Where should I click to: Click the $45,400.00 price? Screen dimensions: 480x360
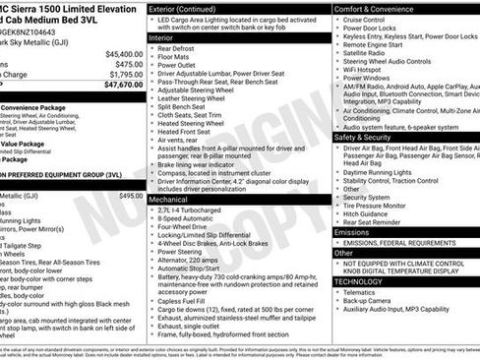(x=124, y=53)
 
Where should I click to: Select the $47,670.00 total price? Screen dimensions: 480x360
(x=124, y=86)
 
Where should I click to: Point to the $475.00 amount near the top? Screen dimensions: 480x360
(x=129, y=64)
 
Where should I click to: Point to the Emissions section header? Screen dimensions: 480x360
(x=355, y=231)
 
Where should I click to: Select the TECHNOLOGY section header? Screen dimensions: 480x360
(x=359, y=280)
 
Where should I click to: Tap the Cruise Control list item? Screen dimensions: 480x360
(x=364, y=20)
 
